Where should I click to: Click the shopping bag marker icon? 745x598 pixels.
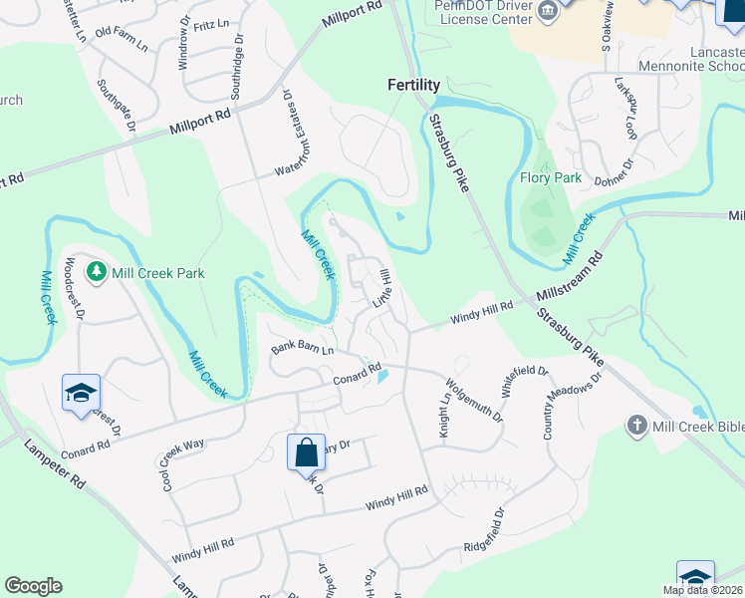click(307, 452)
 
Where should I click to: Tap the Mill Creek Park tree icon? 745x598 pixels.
click(96, 271)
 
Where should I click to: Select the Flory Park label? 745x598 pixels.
click(551, 179)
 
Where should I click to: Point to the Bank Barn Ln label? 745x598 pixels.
click(301, 349)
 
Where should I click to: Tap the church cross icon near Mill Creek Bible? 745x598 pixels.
click(636, 427)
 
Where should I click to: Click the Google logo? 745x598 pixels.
click(33, 586)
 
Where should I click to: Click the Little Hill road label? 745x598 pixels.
click(383, 288)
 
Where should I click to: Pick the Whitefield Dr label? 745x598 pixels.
click(524, 383)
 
